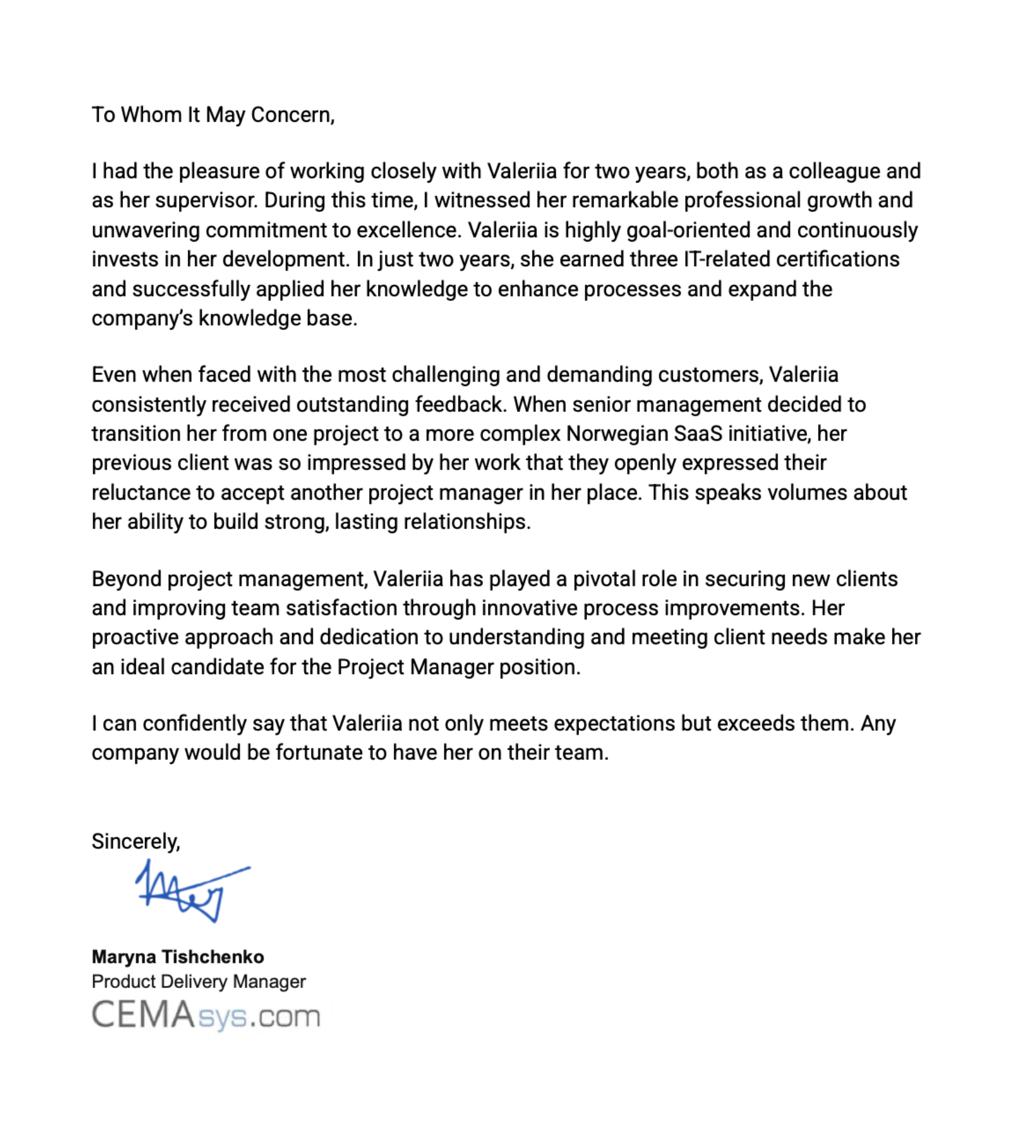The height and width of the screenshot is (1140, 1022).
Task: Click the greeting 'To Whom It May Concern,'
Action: (213, 115)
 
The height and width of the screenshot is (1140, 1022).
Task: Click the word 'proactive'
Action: (135, 637)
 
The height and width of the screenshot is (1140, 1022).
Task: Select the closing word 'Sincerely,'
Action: (135, 842)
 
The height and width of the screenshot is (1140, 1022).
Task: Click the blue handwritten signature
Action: (190, 891)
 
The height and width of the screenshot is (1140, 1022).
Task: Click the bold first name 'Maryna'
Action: (123, 957)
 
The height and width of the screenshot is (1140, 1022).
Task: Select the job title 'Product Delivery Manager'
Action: (198, 981)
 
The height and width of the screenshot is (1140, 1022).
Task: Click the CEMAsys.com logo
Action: (206, 1015)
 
